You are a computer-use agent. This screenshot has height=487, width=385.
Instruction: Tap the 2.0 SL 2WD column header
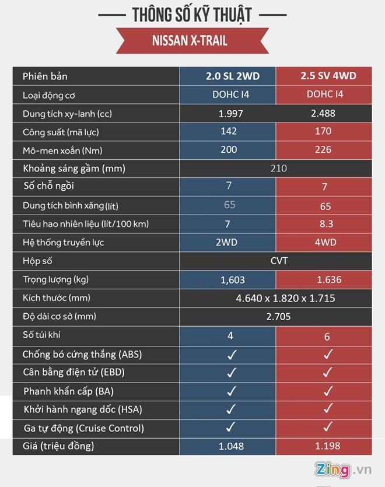click(229, 76)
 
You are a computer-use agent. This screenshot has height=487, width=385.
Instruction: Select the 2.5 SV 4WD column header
click(328, 76)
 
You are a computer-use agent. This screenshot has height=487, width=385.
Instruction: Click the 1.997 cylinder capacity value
click(229, 113)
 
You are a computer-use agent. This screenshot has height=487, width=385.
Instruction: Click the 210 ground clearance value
click(279, 169)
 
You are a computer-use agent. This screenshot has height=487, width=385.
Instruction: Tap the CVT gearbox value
click(279, 261)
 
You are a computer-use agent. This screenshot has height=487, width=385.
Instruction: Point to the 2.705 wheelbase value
click(279, 317)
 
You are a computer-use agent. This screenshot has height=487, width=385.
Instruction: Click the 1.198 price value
click(328, 447)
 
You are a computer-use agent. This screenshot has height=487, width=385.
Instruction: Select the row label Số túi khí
click(45, 335)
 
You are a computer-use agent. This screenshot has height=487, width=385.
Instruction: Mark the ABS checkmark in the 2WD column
click(230, 354)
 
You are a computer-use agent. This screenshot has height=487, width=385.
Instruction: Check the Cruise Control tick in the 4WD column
click(328, 428)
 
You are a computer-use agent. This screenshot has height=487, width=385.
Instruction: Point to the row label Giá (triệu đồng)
click(58, 447)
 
